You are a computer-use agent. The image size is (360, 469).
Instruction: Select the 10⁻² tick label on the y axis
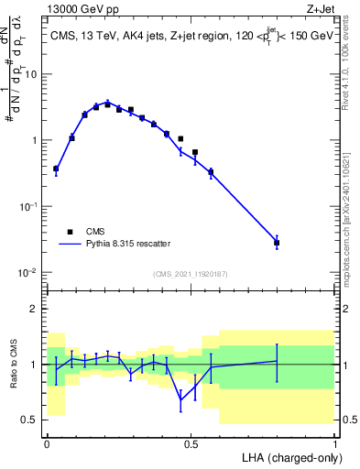tap(29, 273)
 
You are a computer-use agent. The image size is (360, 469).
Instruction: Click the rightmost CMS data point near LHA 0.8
tap(277, 243)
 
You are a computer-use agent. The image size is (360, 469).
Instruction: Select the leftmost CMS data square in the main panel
tap(56, 169)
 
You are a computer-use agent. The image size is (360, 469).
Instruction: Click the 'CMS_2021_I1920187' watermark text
tap(191, 273)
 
